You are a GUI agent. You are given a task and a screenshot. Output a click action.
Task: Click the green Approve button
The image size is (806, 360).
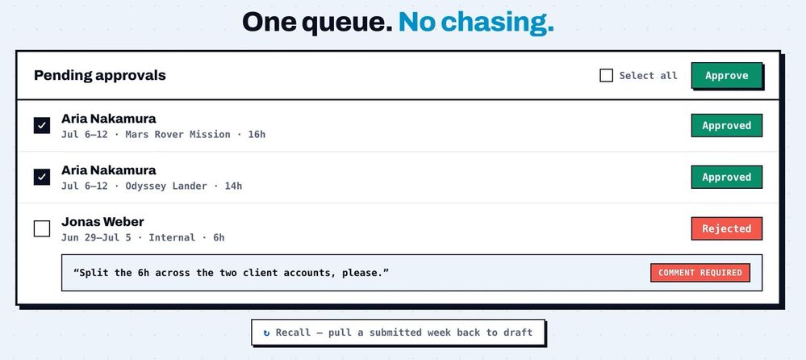(726, 76)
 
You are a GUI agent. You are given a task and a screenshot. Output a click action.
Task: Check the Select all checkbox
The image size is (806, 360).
(607, 76)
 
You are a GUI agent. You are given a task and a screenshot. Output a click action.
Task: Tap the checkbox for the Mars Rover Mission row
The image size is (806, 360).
(42, 125)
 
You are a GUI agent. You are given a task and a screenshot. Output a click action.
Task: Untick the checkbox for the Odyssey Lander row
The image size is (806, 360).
(42, 177)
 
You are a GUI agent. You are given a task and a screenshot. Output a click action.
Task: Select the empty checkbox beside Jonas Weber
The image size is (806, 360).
(42, 228)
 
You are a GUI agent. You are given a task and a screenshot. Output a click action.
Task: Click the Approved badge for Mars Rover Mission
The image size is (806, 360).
(726, 125)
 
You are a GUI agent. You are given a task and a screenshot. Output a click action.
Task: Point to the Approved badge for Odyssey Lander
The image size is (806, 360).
(726, 177)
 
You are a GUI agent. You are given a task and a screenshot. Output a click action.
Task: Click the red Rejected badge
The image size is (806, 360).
(726, 228)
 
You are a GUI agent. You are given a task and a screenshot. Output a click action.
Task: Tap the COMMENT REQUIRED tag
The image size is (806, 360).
(700, 273)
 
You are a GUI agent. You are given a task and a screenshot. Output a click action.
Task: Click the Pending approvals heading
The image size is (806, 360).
(100, 76)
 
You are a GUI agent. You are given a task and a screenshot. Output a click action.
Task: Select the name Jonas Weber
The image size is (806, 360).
(102, 222)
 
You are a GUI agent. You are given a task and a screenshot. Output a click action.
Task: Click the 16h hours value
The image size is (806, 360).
(257, 135)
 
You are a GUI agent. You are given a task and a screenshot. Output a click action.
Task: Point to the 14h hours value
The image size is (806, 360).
(233, 186)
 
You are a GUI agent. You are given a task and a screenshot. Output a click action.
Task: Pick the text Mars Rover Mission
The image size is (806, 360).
(177, 135)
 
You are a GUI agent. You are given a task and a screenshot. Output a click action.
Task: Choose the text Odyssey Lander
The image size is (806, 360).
(166, 186)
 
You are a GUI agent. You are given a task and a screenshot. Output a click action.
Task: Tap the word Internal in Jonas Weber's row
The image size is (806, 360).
(172, 237)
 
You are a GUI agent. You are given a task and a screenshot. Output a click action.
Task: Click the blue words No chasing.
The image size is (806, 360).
(476, 23)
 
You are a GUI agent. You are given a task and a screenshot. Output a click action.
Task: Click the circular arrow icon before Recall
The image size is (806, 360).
(266, 333)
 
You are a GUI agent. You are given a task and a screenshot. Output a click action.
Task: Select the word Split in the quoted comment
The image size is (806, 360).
(92, 273)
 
